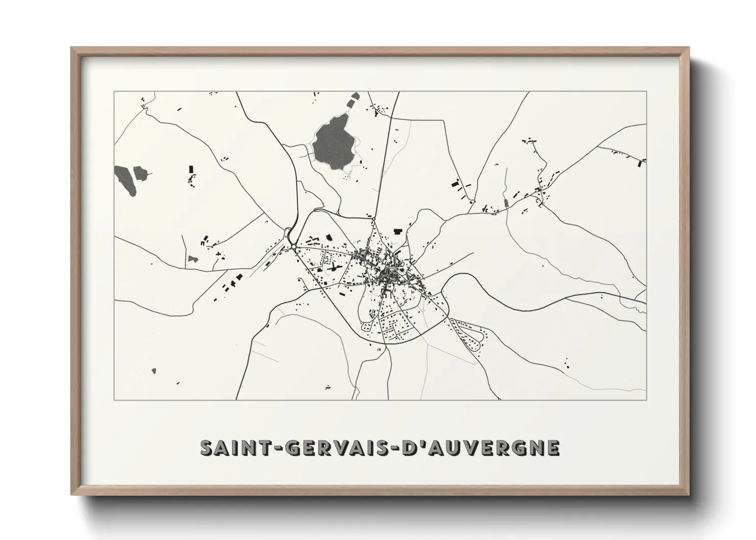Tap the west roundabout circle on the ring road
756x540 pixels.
pos(294,247)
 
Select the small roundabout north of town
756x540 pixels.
pos(374,219)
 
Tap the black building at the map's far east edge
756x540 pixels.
pos(641,163)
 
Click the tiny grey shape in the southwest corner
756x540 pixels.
pos(154,371)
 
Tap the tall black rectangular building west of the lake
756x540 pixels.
pos(192,168)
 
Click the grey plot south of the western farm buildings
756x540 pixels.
pos(192,259)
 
